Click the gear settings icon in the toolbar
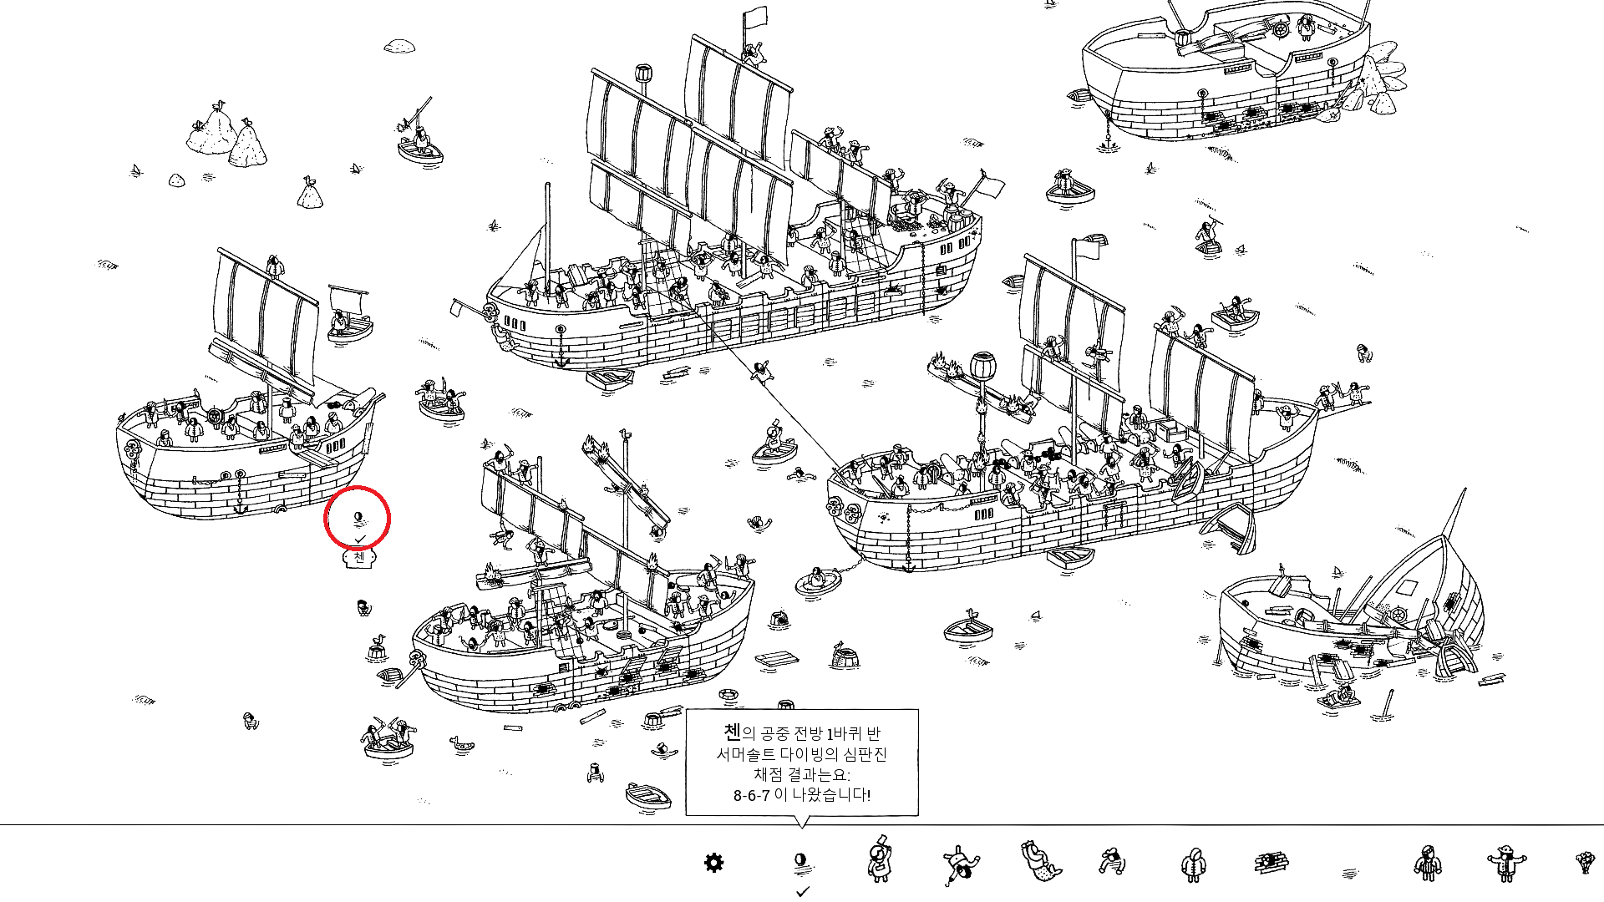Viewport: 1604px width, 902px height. click(x=713, y=863)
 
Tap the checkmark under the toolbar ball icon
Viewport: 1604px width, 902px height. click(x=803, y=892)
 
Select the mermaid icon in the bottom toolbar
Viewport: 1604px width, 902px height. click(x=1037, y=862)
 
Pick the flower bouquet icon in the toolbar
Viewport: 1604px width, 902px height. click(x=1584, y=862)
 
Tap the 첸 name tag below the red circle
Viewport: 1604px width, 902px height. click(x=359, y=557)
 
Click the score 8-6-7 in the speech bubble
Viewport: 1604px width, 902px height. click(x=751, y=795)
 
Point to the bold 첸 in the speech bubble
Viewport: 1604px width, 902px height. click(x=732, y=732)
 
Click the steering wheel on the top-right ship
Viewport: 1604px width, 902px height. click(x=1280, y=30)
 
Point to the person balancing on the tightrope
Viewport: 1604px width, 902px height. click(x=760, y=371)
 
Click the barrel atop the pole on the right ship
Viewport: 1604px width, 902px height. click(x=982, y=365)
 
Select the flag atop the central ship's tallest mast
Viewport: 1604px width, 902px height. click(x=755, y=17)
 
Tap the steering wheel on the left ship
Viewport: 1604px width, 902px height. click(x=214, y=417)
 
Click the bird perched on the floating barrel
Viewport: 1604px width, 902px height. click(x=379, y=641)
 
